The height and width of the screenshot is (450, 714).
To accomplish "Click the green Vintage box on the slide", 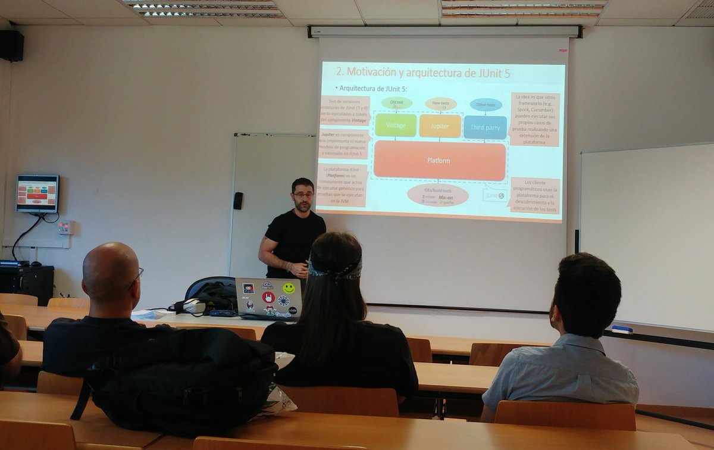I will click(x=396, y=126).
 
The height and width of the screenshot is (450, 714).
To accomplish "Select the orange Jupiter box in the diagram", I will click(x=440, y=126).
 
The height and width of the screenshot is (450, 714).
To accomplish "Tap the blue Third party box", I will click(x=485, y=127).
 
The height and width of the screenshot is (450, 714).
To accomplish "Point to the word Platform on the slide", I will click(x=439, y=161).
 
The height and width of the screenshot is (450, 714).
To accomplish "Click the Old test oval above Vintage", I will click(x=396, y=103).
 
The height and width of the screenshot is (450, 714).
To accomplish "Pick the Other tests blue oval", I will click(x=486, y=105).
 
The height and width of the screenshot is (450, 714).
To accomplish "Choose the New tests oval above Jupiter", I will click(x=440, y=104).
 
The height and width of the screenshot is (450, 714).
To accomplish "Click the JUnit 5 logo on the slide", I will click(x=494, y=195).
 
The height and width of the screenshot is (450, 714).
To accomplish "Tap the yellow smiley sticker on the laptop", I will click(x=289, y=288).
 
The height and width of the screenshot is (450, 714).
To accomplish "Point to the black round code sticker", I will click(x=292, y=310).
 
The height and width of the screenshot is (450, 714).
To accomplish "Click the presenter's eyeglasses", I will click(x=303, y=194).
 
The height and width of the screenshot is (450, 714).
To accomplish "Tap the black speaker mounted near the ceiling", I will click(x=12, y=46).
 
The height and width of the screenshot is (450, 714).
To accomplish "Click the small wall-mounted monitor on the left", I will click(x=37, y=193).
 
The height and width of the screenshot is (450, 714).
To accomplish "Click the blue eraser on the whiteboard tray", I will click(x=622, y=329).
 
